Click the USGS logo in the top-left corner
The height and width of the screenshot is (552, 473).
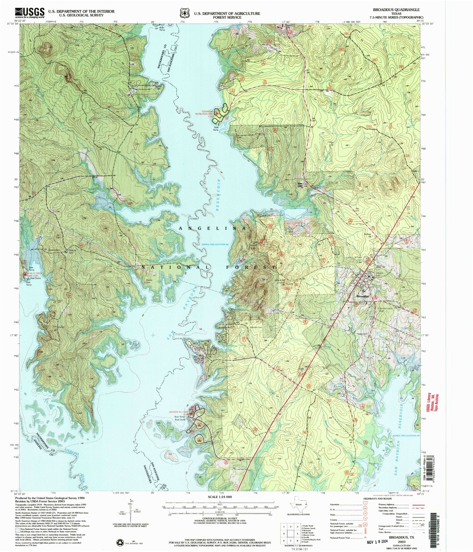pyautogui.click(x=30, y=13)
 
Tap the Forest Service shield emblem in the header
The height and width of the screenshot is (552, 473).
pyautogui.click(x=183, y=14)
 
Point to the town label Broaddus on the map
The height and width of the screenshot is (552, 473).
pyautogui.click(x=363, y=296)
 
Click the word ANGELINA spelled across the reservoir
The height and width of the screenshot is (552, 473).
pyautogui.click(x=213, y=228)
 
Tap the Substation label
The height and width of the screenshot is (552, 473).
pyautogui.click(x=362, y=334)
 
